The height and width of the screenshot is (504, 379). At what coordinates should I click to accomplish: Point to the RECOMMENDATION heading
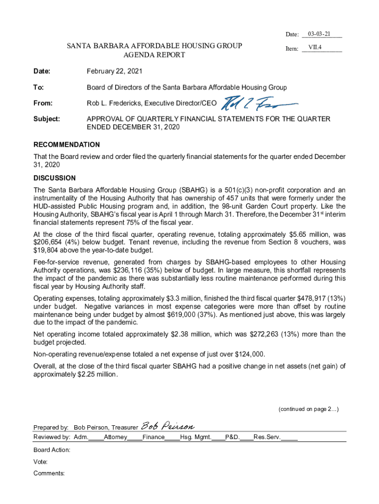66,145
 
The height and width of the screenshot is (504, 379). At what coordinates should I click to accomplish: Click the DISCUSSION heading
55,178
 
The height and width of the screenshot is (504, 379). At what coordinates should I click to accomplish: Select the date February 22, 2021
114,71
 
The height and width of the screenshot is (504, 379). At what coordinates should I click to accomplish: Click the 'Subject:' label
47,119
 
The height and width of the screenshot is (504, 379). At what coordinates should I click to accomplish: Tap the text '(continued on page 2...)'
308,409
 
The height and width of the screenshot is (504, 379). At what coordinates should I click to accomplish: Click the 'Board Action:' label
52,450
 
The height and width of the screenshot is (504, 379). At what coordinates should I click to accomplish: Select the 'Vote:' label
40,462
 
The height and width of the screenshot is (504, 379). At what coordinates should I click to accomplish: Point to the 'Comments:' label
49,473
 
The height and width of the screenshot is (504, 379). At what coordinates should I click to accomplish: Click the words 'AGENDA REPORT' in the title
154,55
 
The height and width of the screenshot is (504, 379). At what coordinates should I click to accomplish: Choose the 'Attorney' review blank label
116,437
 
